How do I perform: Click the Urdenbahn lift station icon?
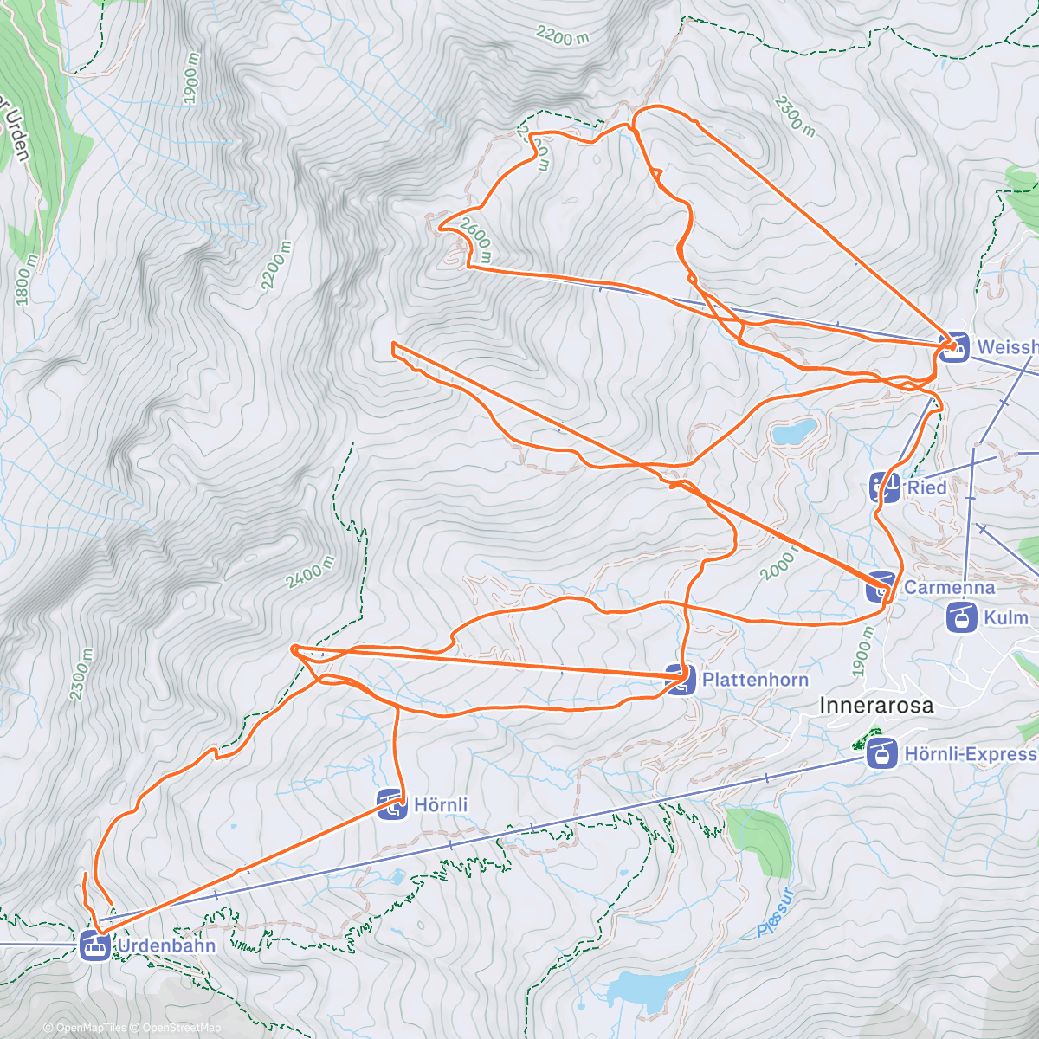coord(94,945)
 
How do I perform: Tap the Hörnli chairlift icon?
coord(392,804)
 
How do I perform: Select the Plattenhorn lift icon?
coord(681,680)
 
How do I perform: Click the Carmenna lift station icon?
coord(881,587)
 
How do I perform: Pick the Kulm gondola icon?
coord(961,618)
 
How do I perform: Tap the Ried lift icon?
coord(885,487)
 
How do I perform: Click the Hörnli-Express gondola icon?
coord(881,753)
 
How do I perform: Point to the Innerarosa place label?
coord(876,706)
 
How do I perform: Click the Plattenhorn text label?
coord(755,680)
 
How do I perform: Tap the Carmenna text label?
coord(949,587)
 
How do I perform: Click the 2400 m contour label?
coord(309,572)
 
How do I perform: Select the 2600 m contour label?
coord(476,240)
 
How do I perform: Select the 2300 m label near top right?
coord(795,116)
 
